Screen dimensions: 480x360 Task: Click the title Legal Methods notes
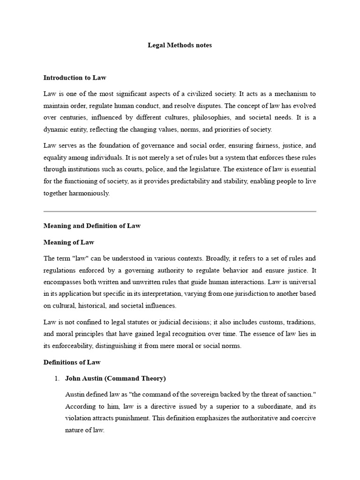click(180, 45)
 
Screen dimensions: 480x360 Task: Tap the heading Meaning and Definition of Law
click(92, 225)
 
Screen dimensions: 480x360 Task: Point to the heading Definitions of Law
click(72, 362)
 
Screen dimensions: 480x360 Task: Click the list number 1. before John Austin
click(58, 378)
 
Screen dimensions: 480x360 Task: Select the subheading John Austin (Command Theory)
click(115, 378)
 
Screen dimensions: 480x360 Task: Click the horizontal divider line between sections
click(180, 211)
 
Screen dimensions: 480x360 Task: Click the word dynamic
click(56, 129)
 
